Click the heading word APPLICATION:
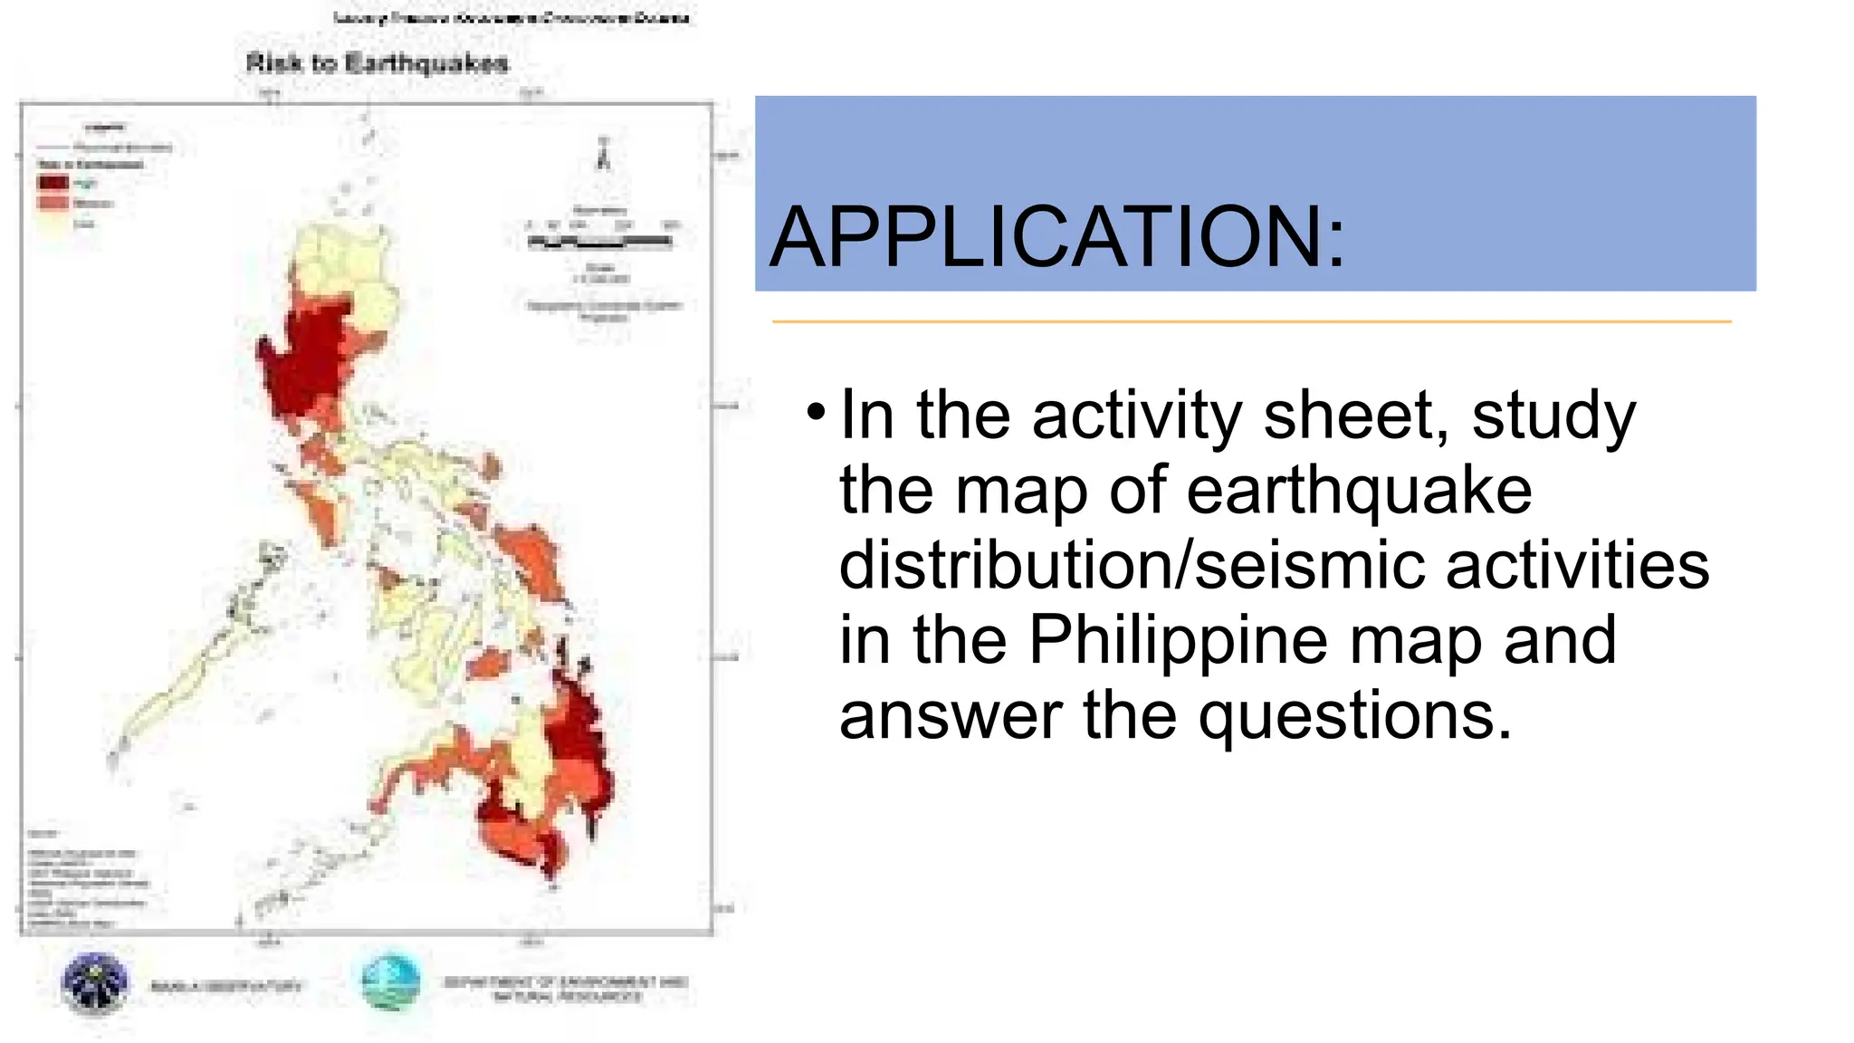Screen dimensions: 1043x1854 1057,237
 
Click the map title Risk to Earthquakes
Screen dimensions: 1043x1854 377,63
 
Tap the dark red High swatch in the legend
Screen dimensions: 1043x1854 53,182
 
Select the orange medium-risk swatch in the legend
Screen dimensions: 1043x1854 53,203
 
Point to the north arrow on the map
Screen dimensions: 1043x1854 603,156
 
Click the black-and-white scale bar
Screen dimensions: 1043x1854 599,242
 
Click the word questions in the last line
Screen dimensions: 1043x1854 1354,715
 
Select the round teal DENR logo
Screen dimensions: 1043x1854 390,982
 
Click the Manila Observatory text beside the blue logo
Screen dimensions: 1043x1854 226,986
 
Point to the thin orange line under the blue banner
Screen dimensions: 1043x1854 1251,321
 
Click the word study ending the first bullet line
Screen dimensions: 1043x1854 1553,416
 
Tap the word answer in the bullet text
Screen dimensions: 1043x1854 951,715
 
